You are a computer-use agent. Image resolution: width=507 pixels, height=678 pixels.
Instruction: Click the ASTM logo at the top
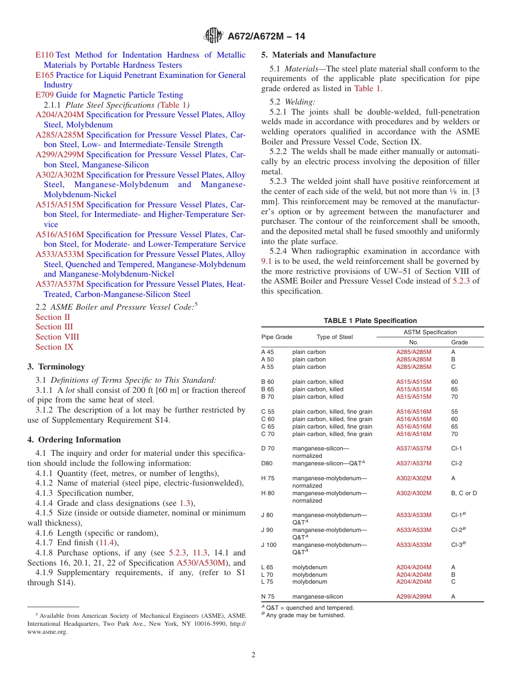pyautogui.click(x=213, y=36)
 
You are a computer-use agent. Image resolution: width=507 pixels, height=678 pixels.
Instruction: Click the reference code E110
pyautogui.click(x=44, y=55)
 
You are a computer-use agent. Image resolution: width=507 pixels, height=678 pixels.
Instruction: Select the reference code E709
pyautogui.click(x=44, y=95)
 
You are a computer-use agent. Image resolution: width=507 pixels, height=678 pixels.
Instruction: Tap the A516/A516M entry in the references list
pyautogui.click(x=60, y=235)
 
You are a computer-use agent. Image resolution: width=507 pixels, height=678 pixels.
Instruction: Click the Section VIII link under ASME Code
pyautogui.click(x=57, y=337)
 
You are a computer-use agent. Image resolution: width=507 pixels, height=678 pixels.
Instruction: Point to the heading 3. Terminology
pyautogui.click(x=56, y=367)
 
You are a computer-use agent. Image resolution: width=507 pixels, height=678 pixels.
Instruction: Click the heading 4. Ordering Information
pyautogui.click(x=74, y=440)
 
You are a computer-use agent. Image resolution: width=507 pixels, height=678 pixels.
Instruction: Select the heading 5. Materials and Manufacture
pyautogui.click(x=318, y=55)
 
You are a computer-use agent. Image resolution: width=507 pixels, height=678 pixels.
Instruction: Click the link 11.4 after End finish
pyautogui.click(x=108, y=543)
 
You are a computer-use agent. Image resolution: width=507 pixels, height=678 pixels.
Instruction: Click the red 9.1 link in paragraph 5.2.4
pyautogui.click(x=267, y=261)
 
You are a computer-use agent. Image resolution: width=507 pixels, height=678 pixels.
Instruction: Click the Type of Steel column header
pyautogui.click(x=335, y=337)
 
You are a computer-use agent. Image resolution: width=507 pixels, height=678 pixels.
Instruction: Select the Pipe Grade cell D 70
pyautogui.click(x=267, y=449)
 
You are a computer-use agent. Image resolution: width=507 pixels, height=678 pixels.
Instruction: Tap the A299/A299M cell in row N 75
pyautogui.click(x=414, y=597)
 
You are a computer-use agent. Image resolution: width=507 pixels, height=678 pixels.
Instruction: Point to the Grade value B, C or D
pyautogui.click(x=464, y=494)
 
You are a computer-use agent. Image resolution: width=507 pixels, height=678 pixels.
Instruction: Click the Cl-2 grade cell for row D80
pyautogui.click(x=456, y=464)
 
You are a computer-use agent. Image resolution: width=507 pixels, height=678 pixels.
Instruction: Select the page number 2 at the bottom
pyautogui.click(x=253, y=655)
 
